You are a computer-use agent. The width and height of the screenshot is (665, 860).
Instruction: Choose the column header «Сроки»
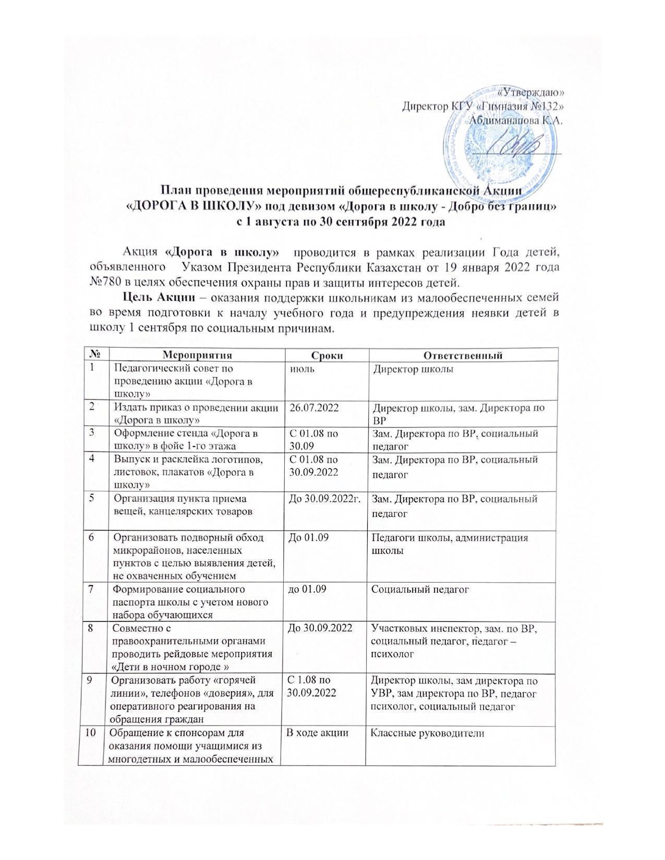click(327, 355)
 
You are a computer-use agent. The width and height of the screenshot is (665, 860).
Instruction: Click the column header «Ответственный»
click(462, 355)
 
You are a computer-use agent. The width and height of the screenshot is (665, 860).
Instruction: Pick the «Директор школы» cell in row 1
click(412, 370)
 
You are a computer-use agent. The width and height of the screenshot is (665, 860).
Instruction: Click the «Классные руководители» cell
click(427, 733)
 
